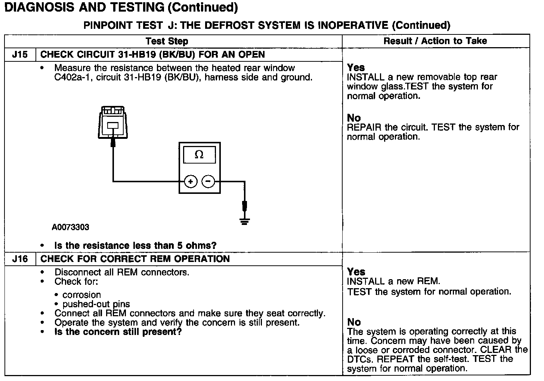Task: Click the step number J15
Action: (x=20, y=55)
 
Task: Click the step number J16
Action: (x=20, y=259)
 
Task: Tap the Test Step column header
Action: (x=167, y=41)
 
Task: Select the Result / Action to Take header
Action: (x=435, y=41)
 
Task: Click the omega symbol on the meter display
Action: (x=199, y=155)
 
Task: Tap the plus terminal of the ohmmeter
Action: (x=191, y=182)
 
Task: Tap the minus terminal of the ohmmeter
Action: (x=208, y=182)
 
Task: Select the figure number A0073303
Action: (x=71, y=227)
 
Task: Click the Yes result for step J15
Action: (x=356, y=68)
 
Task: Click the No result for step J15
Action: (x=354, y=118)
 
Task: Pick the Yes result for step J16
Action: (x=356, y=272)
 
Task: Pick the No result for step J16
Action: (x=354, y=322)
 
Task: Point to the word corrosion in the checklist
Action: (x=82, y=295)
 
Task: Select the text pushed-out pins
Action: (x=96, y=304)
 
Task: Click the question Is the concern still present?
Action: (x=118, y=332)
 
